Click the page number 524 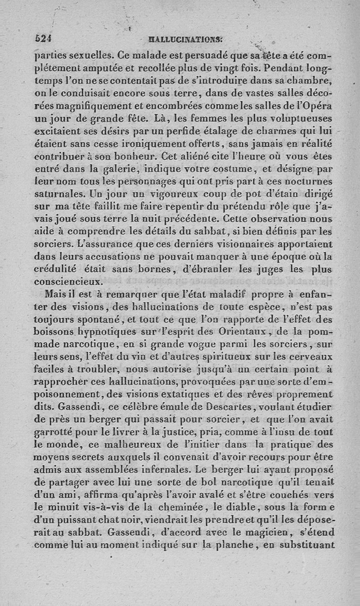point(44,39)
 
